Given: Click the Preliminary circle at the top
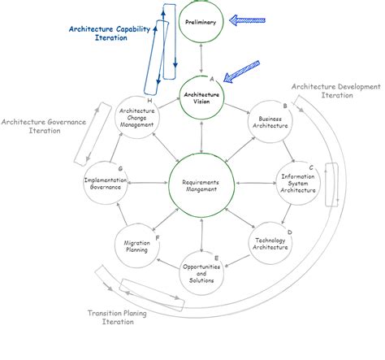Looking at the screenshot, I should (x=201, y=22).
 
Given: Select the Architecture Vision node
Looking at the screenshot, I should (x=201, y=98).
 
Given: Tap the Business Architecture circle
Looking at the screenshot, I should (x=270, y=122).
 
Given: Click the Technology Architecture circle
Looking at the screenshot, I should (x=270, y=241).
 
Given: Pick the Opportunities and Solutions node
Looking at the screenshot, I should (x=201, y=271).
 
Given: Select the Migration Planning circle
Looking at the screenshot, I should (x=135, y=245).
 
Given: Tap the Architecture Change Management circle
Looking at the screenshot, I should (x=136, y=120).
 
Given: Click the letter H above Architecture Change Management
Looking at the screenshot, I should (x=149, y=100).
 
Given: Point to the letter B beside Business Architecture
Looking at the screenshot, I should (x=283, y=106).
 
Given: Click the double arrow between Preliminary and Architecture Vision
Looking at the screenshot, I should (x=201, y=59).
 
